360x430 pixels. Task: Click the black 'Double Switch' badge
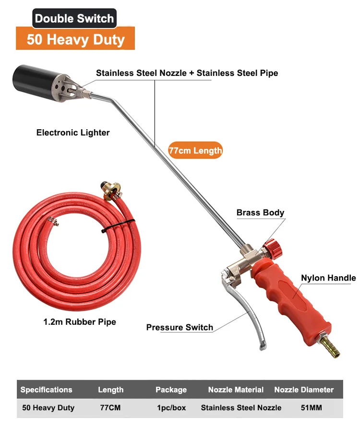(x=74, y=19)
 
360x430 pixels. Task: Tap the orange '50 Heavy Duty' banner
(x=75, y=39)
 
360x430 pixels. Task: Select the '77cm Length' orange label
(x=195, y=150)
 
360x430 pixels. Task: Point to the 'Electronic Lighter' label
(x=73, y=133)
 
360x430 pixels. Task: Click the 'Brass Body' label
(x=260, y=212)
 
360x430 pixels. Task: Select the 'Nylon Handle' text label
(x=328, y=278)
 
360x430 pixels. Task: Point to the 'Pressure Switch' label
(x=180, y=327)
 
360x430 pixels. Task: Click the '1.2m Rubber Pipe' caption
(x=80, y=321)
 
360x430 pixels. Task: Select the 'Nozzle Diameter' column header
(x=304, y=390)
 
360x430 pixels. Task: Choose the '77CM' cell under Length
(x=110, y=408)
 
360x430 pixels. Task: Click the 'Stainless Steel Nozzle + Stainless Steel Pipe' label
(x=187, y=73)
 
